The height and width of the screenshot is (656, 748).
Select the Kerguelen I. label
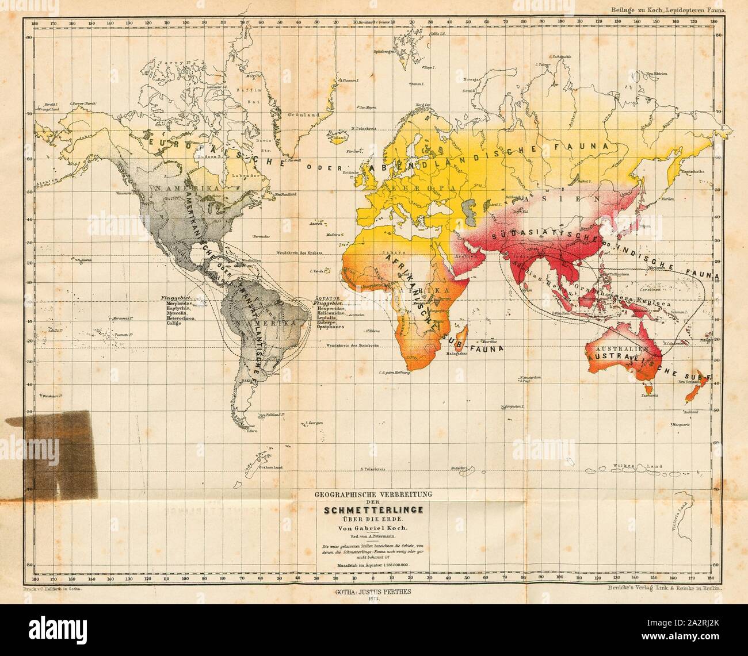coord(516,406)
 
